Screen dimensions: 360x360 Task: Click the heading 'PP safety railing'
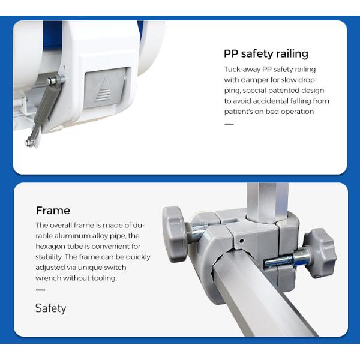tap(266, 54)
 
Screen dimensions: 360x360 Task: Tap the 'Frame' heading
tap(53, 211)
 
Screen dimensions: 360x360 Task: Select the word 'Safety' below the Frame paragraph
tap(51, 308)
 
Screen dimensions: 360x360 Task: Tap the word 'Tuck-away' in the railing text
tap(242, 70)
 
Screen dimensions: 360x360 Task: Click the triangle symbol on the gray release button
tap(104, 89)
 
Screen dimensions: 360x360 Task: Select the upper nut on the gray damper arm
tap(53, 81)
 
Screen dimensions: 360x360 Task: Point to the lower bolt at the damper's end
tap(29, 143)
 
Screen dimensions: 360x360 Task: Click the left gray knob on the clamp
tap(174, 234)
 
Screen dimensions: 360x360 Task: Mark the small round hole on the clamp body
tap(241, 241)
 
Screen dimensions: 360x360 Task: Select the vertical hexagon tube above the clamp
tap(268, 203)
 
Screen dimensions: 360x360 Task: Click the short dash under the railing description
tap(229, 124)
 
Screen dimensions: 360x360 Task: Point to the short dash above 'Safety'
tap(40, 290)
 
